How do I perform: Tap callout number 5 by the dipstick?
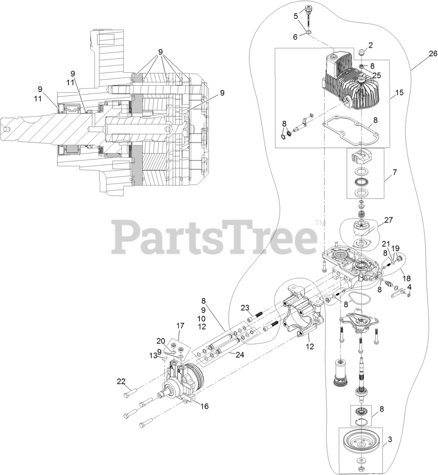pos(296,16)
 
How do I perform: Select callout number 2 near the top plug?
pos(371,45)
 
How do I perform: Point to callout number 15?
pos(399,91)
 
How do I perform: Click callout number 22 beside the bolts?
pos(121,381)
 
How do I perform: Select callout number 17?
pos(180,326)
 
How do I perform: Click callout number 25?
pos(377,75)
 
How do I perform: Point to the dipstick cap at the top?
pos(307,8)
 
